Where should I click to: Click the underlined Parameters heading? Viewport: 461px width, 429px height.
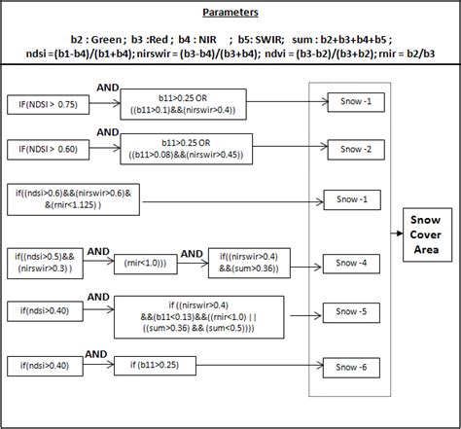point(230,15)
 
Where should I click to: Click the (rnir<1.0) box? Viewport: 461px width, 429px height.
point(146,261)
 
